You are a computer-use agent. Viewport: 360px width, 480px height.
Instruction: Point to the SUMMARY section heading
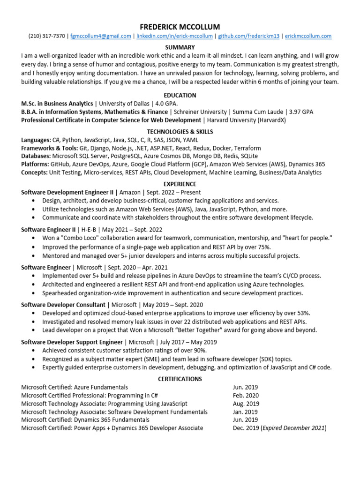click(180, 47)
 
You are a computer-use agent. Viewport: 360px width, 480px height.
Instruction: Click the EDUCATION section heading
click(180, 95)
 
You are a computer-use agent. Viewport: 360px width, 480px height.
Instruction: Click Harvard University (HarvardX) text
click(247, 120)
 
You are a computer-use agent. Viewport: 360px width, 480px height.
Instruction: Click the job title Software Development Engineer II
click(67, 192)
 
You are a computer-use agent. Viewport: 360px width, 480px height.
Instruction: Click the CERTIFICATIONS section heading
click(180, 379)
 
